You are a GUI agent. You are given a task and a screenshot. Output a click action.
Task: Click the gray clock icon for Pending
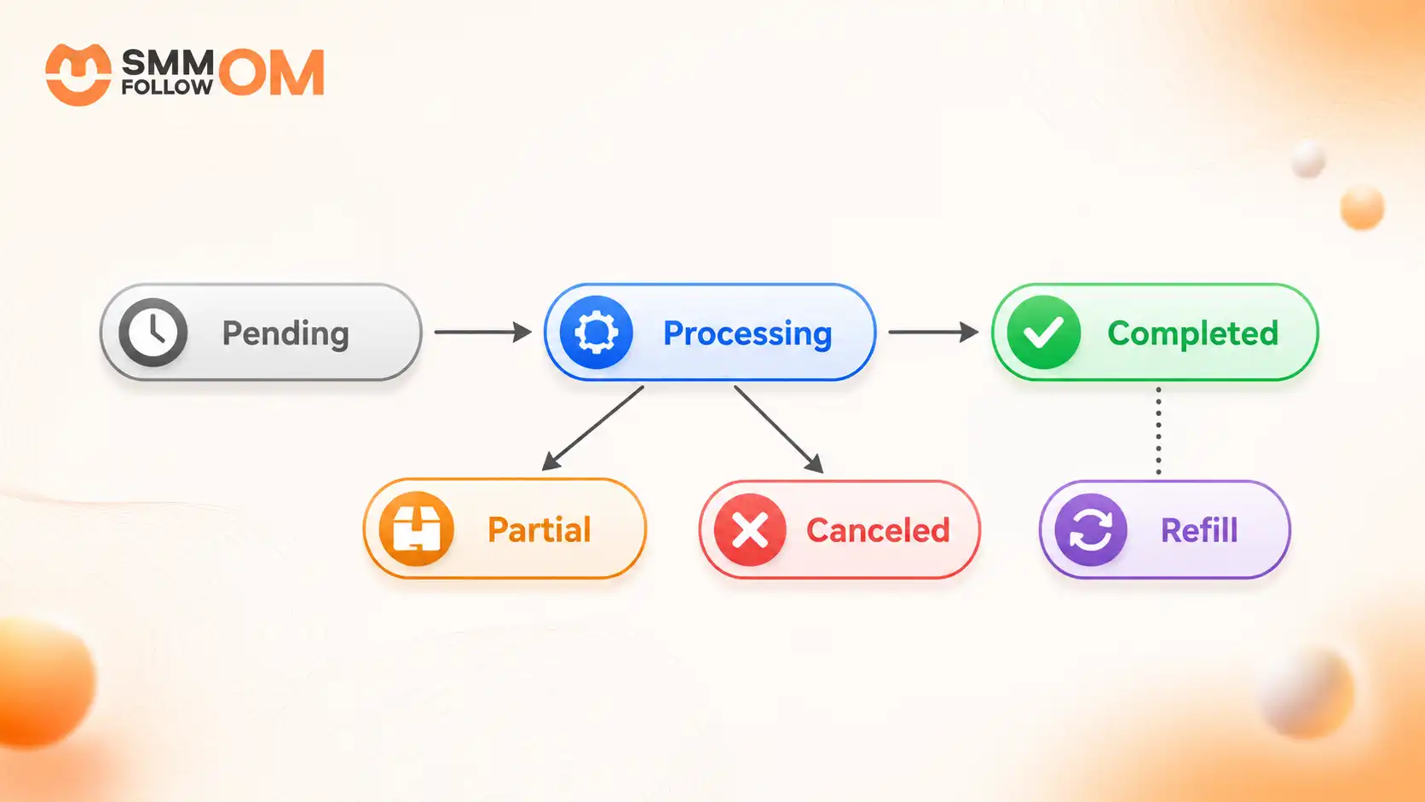[153, 332]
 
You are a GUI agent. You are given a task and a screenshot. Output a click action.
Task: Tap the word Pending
[286, 334]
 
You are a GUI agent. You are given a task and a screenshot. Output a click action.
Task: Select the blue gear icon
[596, 332]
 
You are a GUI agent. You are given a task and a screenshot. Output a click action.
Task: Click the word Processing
[747, 334]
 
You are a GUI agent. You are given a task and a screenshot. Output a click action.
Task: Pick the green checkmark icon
[1044, 332]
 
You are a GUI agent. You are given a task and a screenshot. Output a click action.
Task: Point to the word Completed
[1193, 333]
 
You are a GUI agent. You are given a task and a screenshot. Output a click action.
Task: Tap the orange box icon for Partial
[417, 528]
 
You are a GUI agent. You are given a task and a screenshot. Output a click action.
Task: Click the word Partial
[539, 530]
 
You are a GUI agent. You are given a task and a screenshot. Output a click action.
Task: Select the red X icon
[750, 530]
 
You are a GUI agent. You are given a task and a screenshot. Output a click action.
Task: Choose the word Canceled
[878, 530]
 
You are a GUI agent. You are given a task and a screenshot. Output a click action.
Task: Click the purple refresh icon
[1091, 530]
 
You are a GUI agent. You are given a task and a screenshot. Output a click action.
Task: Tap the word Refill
[1199, 530]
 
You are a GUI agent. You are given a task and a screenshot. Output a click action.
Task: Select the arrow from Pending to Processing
[483, 332]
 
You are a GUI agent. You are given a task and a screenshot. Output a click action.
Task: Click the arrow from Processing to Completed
[933, 332]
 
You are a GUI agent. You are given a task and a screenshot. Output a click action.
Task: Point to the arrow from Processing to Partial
[593, 428]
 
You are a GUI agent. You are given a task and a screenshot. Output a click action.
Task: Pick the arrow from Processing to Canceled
[779, 430]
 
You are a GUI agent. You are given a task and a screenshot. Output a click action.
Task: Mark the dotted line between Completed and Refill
[1158, 430]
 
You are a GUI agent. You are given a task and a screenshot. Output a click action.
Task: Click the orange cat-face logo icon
[78, 74]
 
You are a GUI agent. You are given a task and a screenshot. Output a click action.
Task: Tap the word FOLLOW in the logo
[167, 86]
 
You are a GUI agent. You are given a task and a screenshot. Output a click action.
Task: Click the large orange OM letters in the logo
[272, 72]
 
